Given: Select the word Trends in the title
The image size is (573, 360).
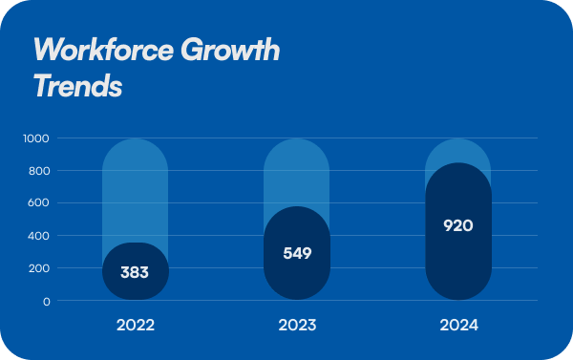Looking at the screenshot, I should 77,86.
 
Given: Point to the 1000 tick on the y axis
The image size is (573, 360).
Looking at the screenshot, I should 36,138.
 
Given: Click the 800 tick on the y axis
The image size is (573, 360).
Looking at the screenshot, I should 39,171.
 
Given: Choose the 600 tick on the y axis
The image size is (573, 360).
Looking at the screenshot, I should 39,203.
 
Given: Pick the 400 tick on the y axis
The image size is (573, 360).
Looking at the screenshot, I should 39,236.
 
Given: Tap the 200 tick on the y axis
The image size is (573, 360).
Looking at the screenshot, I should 39,268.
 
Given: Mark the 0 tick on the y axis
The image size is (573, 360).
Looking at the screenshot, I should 46,301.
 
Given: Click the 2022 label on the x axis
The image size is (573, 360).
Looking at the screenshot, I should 135,326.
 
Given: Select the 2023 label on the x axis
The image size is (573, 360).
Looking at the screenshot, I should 297,326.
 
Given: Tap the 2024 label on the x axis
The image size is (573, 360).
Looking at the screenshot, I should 458,326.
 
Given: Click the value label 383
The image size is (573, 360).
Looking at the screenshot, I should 135,272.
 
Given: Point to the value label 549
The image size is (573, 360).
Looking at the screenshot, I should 297,254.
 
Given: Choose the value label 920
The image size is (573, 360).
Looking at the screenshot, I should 458,226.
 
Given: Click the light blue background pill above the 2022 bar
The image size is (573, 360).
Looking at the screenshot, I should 135,191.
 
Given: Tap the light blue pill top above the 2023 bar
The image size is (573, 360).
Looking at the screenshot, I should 297,167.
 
